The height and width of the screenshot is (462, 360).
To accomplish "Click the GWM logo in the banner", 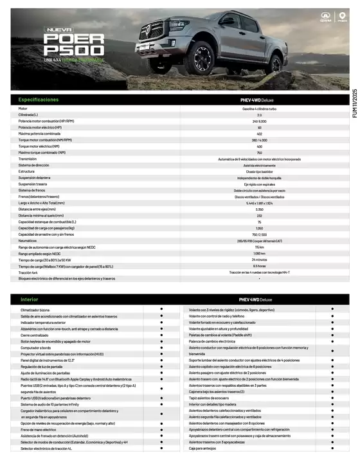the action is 326,19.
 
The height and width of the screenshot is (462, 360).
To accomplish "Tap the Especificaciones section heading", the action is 39,100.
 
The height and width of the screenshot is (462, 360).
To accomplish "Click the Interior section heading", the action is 30,299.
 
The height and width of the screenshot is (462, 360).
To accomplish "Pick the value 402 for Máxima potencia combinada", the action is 259,134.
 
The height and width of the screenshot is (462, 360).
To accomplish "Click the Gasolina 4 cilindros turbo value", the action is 259,109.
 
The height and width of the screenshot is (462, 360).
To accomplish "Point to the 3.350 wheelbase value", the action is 259,209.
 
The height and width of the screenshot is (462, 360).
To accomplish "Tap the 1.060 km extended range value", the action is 259,253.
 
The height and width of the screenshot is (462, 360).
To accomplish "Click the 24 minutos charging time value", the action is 259,260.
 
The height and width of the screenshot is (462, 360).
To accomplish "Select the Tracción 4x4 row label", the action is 30,272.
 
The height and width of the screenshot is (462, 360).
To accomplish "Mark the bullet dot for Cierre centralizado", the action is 161,335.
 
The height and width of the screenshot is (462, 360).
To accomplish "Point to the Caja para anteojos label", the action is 203,449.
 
